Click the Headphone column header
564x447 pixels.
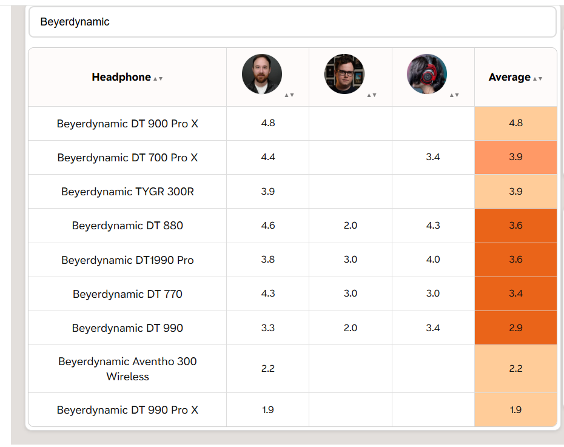point(121,77)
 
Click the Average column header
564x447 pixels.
point(509,77)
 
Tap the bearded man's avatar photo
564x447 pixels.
point(262,74)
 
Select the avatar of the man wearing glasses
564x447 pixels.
point(344,74)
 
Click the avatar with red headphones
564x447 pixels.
point(426,74)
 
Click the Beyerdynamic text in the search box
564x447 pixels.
point(75,22)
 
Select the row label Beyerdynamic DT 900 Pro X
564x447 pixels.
point(127,124)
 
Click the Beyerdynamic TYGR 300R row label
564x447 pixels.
point(127,192)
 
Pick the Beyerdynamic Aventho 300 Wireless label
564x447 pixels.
point(127,369)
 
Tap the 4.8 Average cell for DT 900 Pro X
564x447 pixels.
point(515,123)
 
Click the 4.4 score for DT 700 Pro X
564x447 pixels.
point(268,157)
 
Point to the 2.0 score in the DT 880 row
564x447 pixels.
point(351,226)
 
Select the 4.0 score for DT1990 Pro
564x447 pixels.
point(433,260)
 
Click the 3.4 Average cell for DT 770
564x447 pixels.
point(515,294)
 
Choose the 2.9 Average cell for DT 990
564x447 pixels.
point(515,328)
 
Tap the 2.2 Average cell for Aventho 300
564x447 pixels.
point(515,369)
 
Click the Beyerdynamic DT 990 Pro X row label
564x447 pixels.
point(127,410)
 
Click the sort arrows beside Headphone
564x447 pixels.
point(158,78)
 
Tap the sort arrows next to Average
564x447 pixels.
point(537,78)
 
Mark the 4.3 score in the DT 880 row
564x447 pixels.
point(433,226)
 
